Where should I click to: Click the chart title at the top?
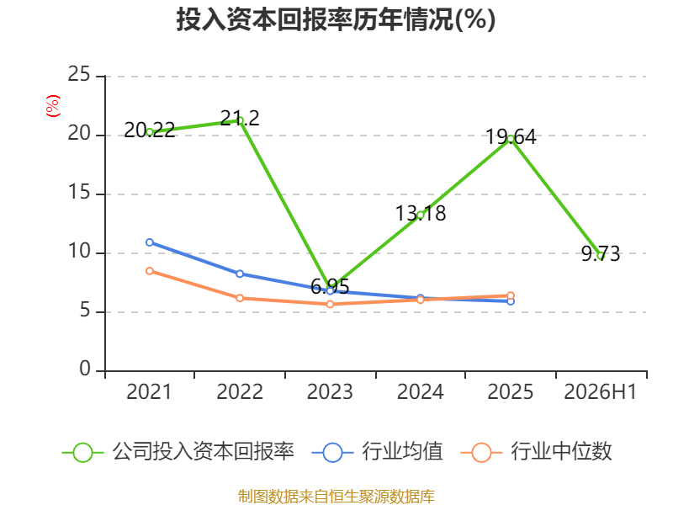coord(336,19)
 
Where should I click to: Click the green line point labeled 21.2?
coord(240,120)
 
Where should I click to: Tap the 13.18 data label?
coord(421,214)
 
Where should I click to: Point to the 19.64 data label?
coord(511,137)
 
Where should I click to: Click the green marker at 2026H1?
coord(601,256)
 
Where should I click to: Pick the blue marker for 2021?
coord(150,242)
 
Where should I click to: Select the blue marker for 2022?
coord(240,274)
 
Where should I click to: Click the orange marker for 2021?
coord(150,271)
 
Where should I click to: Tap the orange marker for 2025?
coord(511,295)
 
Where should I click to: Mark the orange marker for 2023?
coord(330,305)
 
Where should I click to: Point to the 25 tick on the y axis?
coord(79,74)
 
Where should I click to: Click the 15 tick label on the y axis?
coord(79,193)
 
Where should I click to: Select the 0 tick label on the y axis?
coord(85,369)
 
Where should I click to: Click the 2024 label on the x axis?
coord(420,391)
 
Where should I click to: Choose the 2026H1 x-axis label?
coord(601,391)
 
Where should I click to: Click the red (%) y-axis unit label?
coord(53,106)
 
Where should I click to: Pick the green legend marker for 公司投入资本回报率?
coord(82,453)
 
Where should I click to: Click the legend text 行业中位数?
coord(561,451)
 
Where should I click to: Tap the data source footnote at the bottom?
coord(336,497)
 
